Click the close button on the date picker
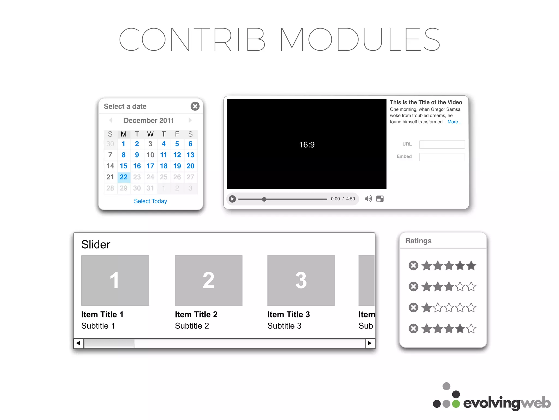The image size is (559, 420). [x=195, y=106]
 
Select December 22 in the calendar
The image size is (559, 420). [x=124, y=177]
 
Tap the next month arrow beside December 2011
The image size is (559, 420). [x=190, y=120]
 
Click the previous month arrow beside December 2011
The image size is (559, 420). [x=111, y=120]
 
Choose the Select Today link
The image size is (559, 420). [x=150, y=201]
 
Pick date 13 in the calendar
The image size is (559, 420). [x=190, y=155]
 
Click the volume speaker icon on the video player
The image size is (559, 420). [x=368, y=199]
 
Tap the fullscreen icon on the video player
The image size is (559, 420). [x=380, y=199]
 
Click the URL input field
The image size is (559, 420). [x=442, y=145]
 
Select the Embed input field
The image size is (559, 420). [x=442, y=157]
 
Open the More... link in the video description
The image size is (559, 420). [x=454, y=122]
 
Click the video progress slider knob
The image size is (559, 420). [x=264, y=199]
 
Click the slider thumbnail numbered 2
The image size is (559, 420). [x=209, y=280]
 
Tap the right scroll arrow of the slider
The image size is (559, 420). [x=370, y=343]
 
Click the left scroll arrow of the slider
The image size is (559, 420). [x=78, y=343]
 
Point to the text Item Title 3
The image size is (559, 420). [x=289, y=314]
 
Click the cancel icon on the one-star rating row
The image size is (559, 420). [x=413, y=308]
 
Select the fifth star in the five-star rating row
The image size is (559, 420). [x=471, y=266]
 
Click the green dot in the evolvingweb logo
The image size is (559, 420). [x=456, y=404]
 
